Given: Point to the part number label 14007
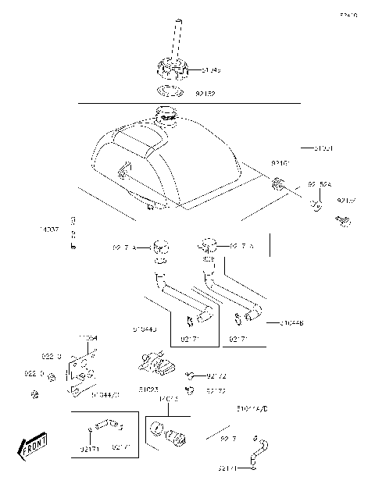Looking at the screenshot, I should pyautogui.click(x=48, y=230).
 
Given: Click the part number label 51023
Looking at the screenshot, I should pyautogui.click(x=150, y=388).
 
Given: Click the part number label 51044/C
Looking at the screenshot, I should pyautogui.click(x=105, y=396).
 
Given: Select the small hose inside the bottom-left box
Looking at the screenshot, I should pyautogui.click(x=105, y=425).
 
